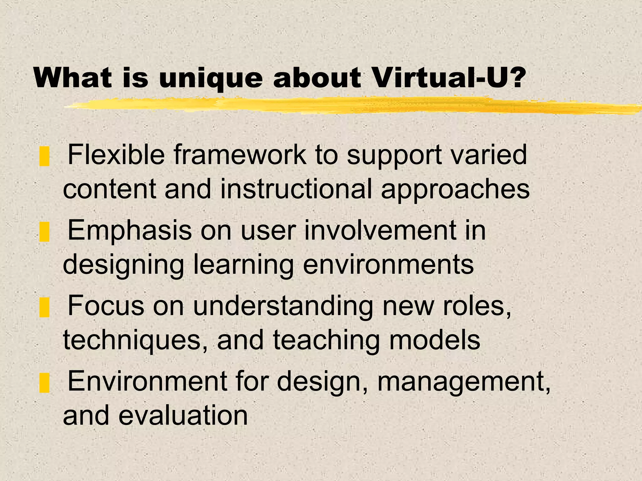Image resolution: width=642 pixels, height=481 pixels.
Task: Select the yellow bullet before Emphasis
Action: (45, 232)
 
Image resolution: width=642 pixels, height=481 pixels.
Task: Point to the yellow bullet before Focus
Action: (45, 308)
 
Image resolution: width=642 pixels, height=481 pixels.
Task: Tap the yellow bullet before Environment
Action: (45, 383)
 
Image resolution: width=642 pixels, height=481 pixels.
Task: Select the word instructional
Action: (296, 189)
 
